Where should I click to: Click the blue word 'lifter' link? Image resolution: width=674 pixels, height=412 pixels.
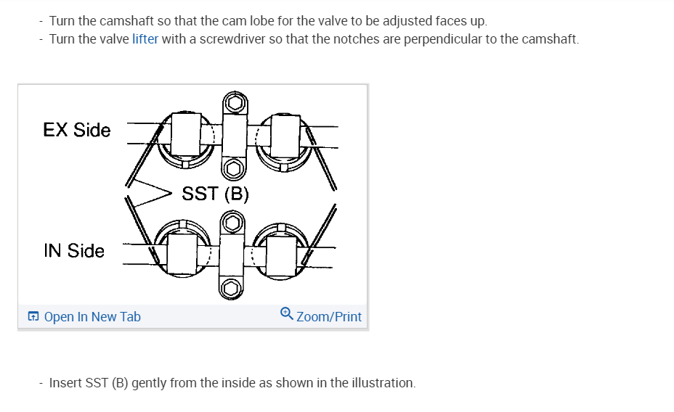click(x=145, y=39)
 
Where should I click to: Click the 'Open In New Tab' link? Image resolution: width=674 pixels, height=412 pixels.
click(x=92, y=317)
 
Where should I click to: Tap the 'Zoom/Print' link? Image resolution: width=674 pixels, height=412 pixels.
click(x=329, y=317)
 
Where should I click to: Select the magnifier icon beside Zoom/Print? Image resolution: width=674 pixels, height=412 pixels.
click(x=287, y=315)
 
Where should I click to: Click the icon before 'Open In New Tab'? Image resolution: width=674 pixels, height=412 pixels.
click(x=33, y=317)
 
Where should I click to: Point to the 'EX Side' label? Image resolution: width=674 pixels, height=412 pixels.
click(x=77, y=131)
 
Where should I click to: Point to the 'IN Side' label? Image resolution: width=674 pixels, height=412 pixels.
click(x=74, y=251)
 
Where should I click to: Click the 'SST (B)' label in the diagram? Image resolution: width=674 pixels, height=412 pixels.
click(x=216, y=194)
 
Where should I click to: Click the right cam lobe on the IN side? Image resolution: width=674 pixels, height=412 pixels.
click(x=282, y=254)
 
